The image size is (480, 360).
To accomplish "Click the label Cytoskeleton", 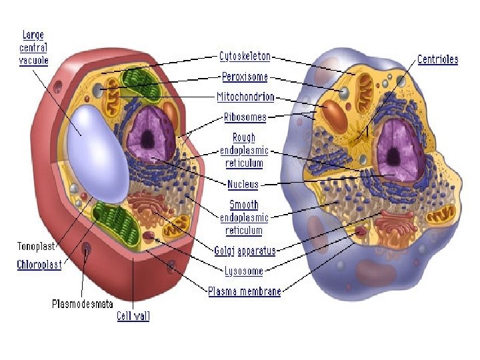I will pyautogui.click(x=245, y=57).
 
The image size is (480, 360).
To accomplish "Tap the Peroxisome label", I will pyautogui.click(x=244, y=77).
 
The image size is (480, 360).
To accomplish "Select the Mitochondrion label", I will pyautogui.click(x=245, y=97).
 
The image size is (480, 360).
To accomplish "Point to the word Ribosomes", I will pyautogui.click(x=245, y=117).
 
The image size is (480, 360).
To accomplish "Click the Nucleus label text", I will pyautogui.click(x=243, y=184).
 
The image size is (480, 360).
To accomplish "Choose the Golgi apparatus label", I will pyautogui.click(x=245, y=251).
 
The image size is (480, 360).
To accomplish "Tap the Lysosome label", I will pyautogui.click(x=243, y=271).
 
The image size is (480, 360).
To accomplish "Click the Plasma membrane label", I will pyautogui.click(x=244, y=291).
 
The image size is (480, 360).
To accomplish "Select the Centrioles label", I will pyautogui.click(x=437, y=59).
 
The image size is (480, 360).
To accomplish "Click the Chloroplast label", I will pyautogui.click(x=39, y=265).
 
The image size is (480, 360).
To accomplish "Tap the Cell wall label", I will pyautogui.click(x=133, y=316).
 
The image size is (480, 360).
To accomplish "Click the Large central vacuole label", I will pyautogui.click(x=33, y=47).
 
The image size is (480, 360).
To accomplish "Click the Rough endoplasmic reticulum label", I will pyautogui.click(x=243, y=150).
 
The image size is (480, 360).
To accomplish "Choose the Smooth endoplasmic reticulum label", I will pyautogui.click(x=244, y=217).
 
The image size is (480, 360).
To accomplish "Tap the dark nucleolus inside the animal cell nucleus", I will pyautogui.click(x=393, y=157).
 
